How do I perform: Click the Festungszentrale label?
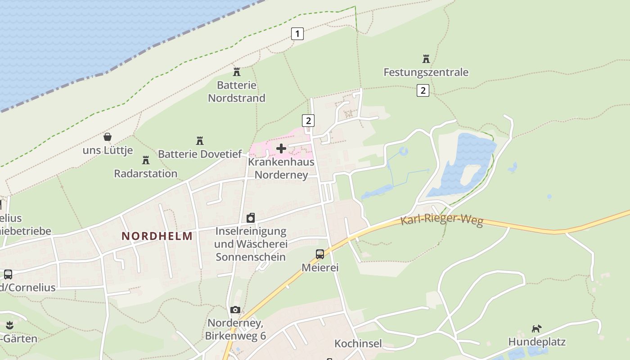(x=426, y=72)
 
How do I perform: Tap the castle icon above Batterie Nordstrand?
(x=237, y=72)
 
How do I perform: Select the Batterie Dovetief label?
(x=200, y=154)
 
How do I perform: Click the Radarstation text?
(x=145, y=173)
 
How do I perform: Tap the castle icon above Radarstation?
(x=146, y=160)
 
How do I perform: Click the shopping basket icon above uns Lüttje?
(x=108, y=137)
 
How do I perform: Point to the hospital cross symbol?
(x=281, y=148)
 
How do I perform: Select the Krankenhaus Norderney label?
(x=282, y=168)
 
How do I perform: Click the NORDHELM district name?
(x=157, y=236)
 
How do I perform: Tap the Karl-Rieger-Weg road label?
(x=441, y=220)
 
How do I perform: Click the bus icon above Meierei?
(x=320, y=254)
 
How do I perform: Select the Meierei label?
(x=320, y=268)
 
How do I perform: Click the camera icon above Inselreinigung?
(x=251, y=218)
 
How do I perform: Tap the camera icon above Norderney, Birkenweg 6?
(x=235, y=310)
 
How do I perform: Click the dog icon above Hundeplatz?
(x=536, y=328)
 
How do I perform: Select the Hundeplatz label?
(x=537, y=342)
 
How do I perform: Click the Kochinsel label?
(x=358, y=344)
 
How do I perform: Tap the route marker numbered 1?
(x=297, y=33)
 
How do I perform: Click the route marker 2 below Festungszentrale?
(x=423, y=90)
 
